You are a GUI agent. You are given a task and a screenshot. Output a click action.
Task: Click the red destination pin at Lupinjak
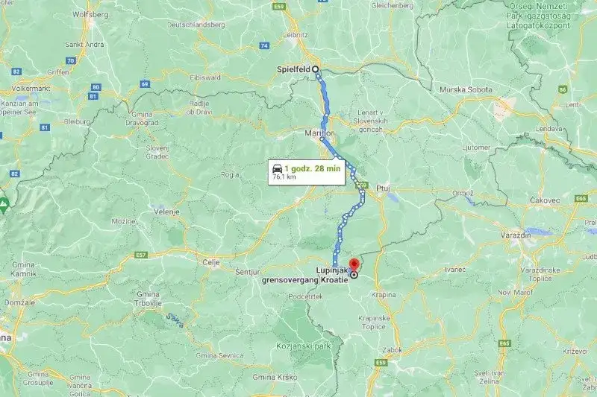click(354, 264)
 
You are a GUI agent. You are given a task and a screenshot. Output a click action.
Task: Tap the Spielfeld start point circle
click(316, 69)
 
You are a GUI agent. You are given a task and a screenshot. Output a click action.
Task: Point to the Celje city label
click(211, 262)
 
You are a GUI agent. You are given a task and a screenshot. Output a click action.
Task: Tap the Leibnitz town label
click(298, 33)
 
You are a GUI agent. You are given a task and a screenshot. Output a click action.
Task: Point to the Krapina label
click(385, 293)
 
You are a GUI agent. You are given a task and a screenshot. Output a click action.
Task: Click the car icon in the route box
click(278, 169)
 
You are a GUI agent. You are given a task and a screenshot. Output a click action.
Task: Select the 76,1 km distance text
click(284, 178)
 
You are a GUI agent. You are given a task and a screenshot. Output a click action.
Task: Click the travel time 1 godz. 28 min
click(313, 169)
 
